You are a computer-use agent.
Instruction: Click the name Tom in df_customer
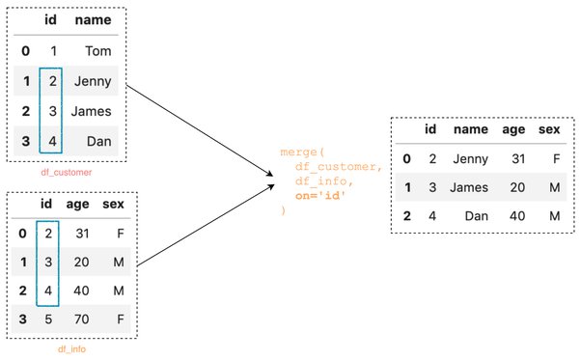coord(98,51)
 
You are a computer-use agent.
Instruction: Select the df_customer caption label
coord(67,172)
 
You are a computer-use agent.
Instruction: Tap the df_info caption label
coord(71,348)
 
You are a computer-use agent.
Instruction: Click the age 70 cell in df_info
coord(81,318)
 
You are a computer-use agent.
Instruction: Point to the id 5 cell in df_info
coord(48,318)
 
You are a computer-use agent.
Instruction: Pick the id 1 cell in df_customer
coord(54,51)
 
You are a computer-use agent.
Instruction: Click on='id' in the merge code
coord(320,196)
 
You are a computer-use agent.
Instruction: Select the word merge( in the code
coord(302,152)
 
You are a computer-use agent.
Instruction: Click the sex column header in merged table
coord(549,129)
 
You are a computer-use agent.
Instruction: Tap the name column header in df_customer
coord(93,19)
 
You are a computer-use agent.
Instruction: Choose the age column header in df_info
coord(78,204)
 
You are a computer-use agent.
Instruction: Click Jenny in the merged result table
coord(471,159)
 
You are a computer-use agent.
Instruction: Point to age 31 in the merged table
coord(518,159)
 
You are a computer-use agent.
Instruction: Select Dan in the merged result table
coord(477,216)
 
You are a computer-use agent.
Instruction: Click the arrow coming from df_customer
coord(200,130)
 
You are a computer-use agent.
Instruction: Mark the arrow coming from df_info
coord(206,226)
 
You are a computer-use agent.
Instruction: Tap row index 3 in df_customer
coord(25,141)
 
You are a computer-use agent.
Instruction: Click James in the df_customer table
coord(91,111)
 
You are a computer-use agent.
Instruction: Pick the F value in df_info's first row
coord(120,234)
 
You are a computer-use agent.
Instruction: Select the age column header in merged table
coord(513,130)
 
